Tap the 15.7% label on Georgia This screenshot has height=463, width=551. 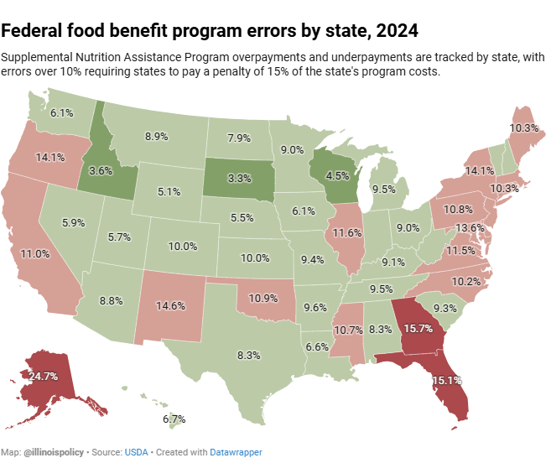(418, 328)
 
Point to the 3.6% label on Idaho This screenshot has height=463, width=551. (101, 170)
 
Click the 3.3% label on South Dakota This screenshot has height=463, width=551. (240, 179)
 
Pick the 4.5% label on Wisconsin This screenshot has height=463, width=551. (337, 176)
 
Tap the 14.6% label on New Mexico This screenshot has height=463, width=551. (171, 306)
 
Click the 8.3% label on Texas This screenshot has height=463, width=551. (249, 355)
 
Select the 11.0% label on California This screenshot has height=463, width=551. (35, 253)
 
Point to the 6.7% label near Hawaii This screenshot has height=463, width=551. (174, 419)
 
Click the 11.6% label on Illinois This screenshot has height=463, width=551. (346, 231)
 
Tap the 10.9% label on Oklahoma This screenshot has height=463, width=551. (263, 298)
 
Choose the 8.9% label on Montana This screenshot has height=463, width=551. (157, 136)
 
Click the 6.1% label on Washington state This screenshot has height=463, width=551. (61, 112)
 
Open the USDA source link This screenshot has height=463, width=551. (136, 452)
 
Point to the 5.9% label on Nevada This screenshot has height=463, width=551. (74, 223)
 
